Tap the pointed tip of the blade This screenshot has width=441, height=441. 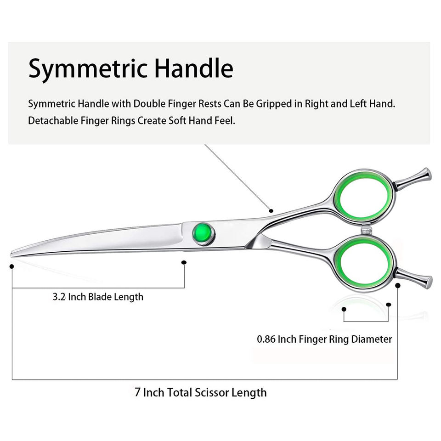(12, 253)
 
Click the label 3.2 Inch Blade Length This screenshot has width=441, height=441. (98, 297)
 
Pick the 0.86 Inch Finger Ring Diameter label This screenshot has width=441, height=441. (324, 339)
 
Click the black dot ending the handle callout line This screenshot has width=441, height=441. (271, 210)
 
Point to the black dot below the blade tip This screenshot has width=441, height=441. (12, 266)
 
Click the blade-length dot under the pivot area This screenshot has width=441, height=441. (184, 262)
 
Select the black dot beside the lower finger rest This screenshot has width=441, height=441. (398, 285)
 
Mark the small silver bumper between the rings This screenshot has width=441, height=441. (366, 228)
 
